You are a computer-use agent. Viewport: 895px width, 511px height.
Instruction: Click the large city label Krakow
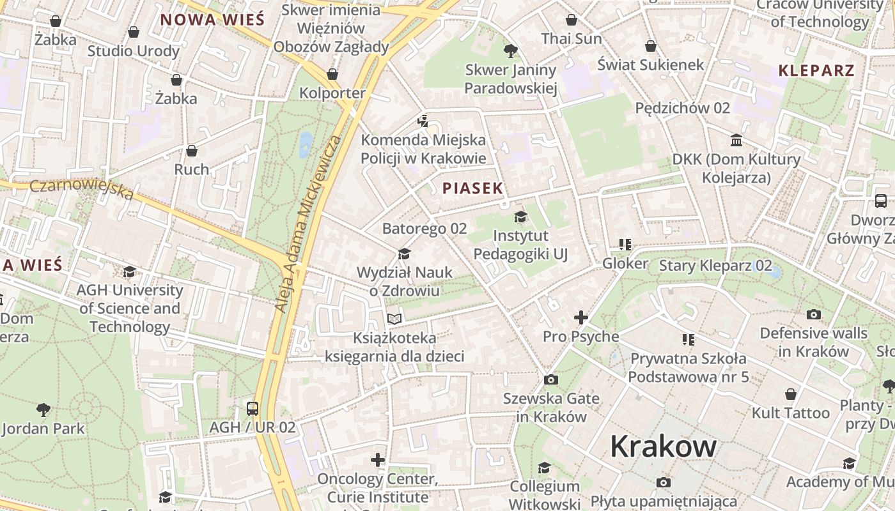pos(663,446)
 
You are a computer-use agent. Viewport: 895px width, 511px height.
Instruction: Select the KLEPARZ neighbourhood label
pos(816,71)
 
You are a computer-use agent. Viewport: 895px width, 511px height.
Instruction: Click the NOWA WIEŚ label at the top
pos(212,20)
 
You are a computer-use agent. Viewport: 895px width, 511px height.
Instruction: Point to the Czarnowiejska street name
pos(81,188)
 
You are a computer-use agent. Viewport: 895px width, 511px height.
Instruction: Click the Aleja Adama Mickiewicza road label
pos(308,224)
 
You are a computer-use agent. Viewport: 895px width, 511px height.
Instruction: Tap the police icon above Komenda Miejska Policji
pos(423,121)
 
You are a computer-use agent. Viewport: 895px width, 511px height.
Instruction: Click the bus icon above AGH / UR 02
pos(253,408)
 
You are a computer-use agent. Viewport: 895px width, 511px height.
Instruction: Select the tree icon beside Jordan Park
pos(43,409)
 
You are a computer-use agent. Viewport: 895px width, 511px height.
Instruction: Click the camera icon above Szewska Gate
pos(550,380)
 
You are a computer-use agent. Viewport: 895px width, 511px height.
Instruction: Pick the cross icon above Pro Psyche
pos(580,317)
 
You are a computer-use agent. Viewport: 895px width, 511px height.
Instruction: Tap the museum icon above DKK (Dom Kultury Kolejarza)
pos(736,140)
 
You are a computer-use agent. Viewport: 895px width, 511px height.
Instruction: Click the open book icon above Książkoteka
pos(394,319)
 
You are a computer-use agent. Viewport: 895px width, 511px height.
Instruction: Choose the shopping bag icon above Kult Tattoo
pos(791,394)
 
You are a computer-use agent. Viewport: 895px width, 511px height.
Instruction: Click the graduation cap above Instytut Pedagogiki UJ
pos(520,217)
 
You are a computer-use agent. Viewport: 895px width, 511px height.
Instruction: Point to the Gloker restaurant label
pos(625,263)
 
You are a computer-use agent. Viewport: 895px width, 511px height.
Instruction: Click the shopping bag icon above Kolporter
pos(332,74)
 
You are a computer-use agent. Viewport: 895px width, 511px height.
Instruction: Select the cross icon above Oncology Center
pos(378,460)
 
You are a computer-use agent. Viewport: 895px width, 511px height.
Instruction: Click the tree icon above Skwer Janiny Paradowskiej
pos(510,50)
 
